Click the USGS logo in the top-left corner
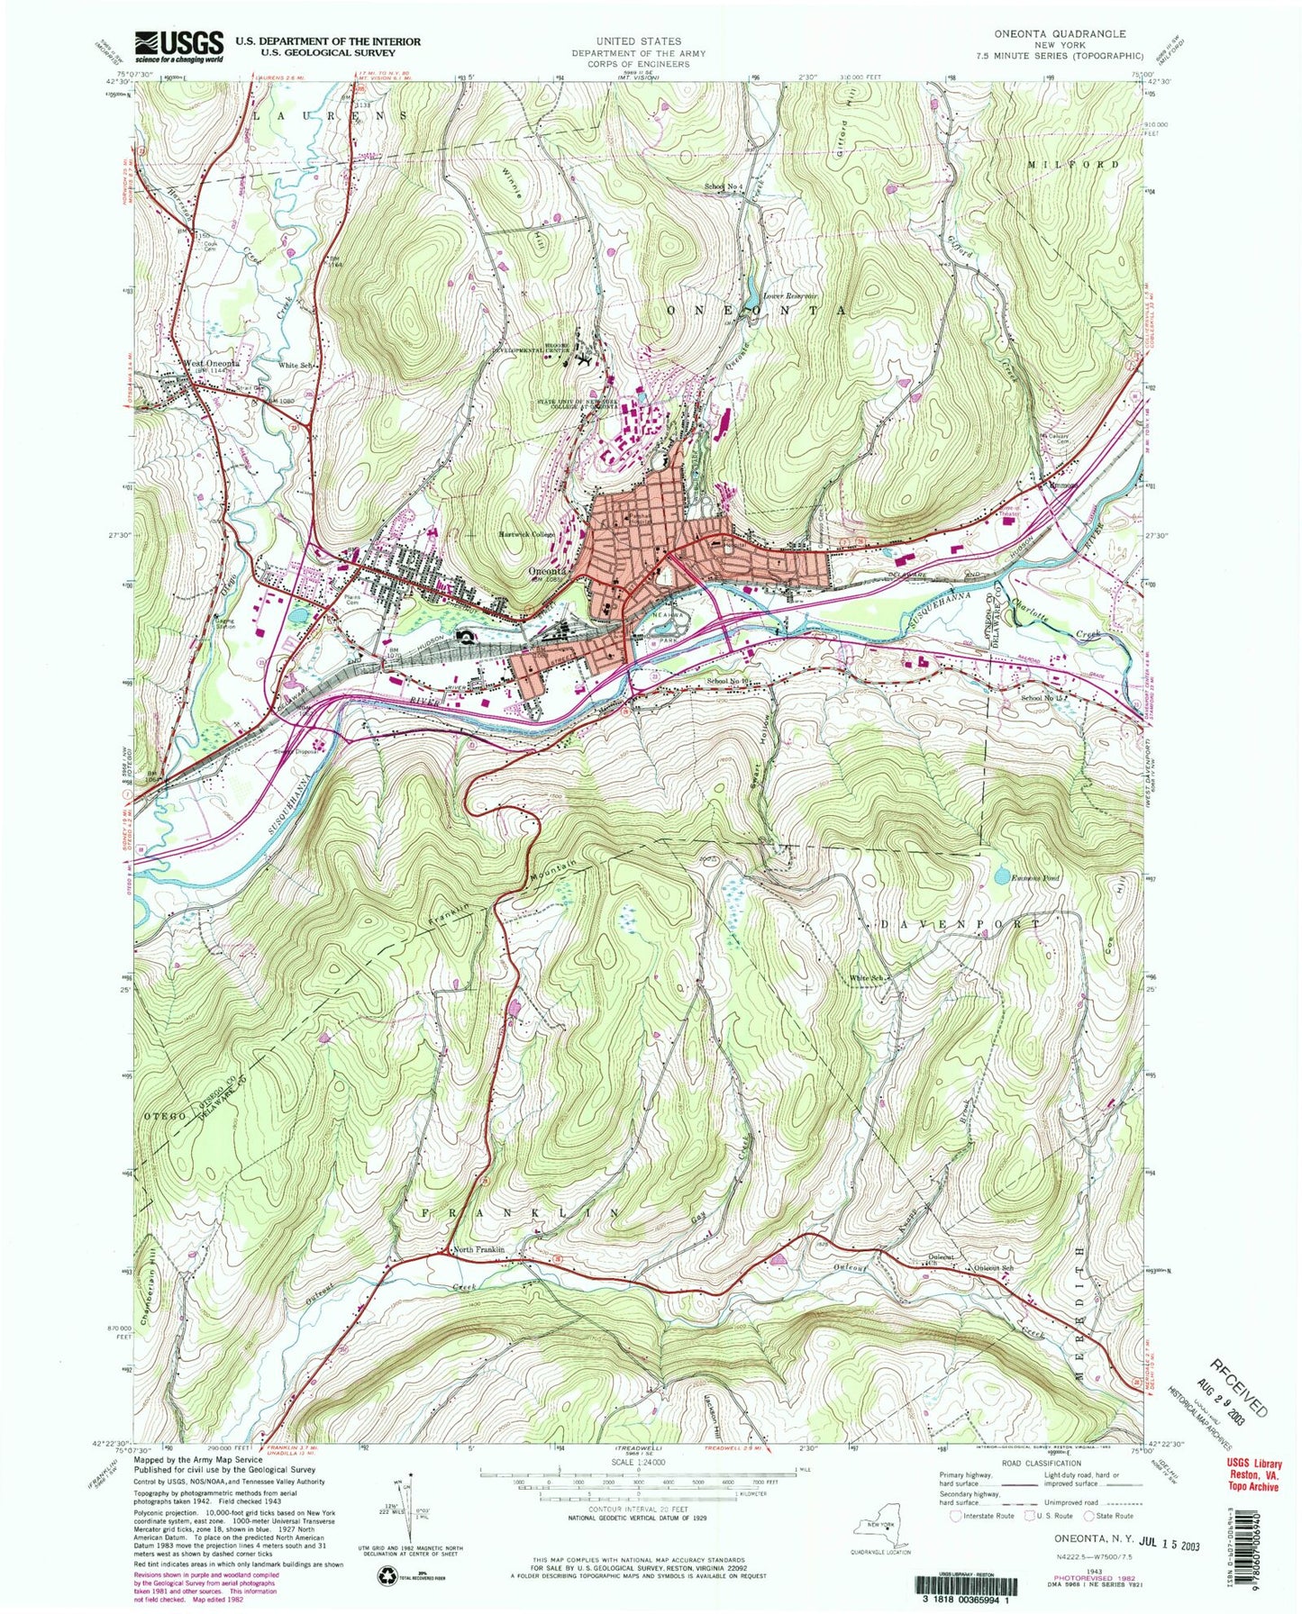[178, 46]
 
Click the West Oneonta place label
[211, 364]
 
